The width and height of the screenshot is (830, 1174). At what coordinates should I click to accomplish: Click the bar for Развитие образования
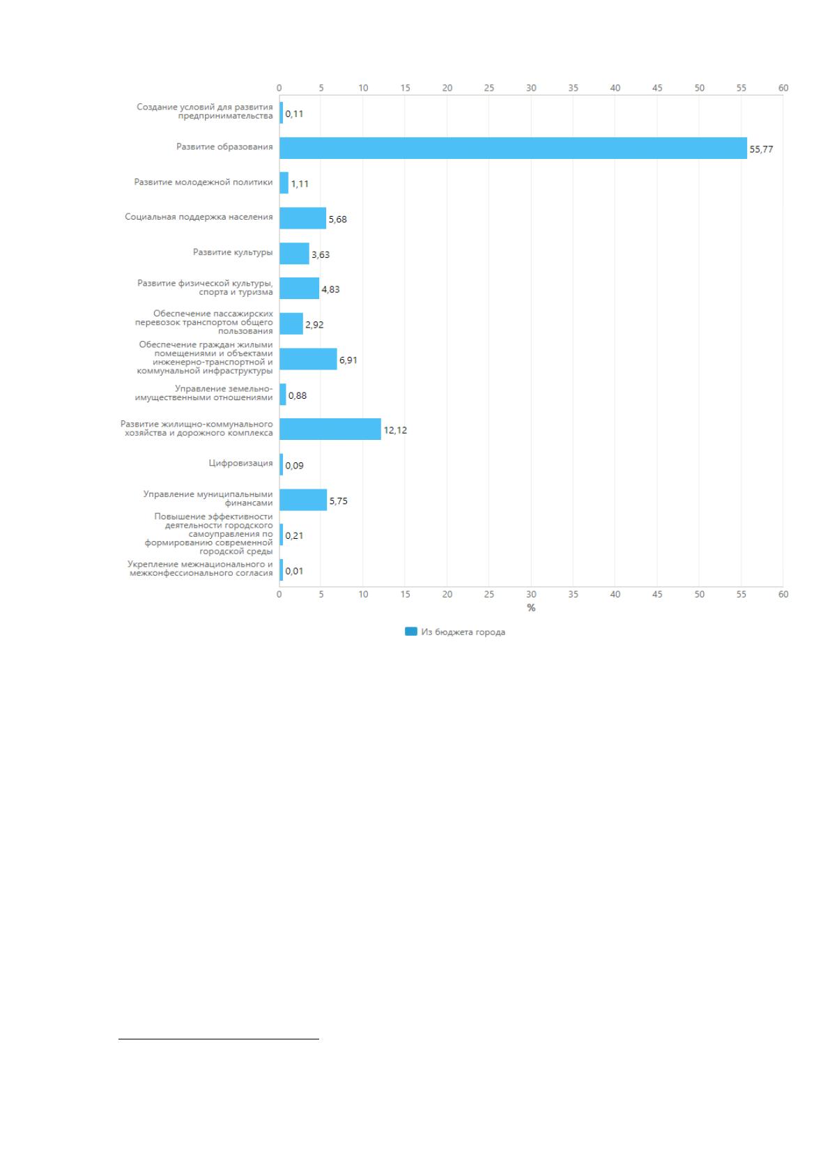513,148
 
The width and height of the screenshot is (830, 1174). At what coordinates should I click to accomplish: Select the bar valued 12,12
330,429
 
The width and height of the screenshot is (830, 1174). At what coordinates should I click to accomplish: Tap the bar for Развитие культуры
294,254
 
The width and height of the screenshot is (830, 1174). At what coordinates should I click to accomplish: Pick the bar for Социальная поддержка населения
303,218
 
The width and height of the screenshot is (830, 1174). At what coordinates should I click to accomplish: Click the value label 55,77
761,149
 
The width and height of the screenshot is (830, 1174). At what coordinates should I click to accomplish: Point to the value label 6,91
348,360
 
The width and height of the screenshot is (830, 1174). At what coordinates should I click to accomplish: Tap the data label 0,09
294,466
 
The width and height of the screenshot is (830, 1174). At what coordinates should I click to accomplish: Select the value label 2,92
314,325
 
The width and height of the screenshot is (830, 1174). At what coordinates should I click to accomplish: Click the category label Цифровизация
240,464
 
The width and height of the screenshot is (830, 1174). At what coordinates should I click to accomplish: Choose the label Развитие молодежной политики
203,183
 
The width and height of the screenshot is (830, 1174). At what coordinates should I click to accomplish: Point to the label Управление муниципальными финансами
208,498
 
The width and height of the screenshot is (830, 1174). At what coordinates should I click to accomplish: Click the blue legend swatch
410,632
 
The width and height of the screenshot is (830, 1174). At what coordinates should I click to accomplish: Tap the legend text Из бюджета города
463,632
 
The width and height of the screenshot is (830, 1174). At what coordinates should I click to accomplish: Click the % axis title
531,608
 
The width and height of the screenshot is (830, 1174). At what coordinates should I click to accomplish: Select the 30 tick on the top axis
531,88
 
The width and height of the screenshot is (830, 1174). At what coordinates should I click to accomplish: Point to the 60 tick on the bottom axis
783,595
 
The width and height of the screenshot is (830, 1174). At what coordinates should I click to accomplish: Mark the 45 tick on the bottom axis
657,595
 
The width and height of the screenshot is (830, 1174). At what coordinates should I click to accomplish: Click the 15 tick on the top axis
405,88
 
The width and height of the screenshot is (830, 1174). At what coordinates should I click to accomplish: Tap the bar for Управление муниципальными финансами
303,500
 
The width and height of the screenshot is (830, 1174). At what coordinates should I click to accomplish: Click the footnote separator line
219,1039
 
